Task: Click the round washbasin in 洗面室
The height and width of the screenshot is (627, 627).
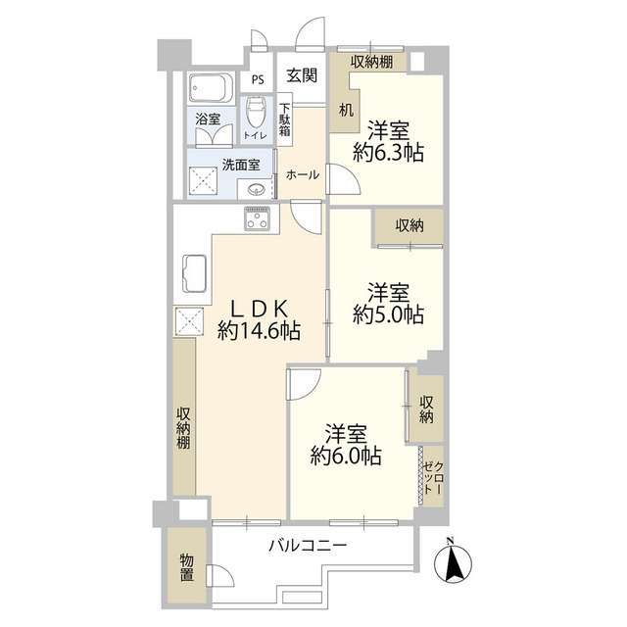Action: [257, 190]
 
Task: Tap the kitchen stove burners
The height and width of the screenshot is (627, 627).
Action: [258, 219]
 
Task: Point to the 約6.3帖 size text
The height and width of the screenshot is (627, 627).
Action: [388, 154]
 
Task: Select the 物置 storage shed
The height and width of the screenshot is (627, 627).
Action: [186, 568]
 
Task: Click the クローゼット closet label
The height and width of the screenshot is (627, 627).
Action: [431, 476]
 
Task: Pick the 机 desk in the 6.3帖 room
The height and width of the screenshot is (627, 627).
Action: [346, 110]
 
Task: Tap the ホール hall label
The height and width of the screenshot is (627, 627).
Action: [302, 174]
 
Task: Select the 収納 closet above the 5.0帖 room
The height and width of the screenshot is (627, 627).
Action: [410, 225]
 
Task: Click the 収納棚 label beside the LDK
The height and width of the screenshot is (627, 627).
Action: [183, 427]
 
